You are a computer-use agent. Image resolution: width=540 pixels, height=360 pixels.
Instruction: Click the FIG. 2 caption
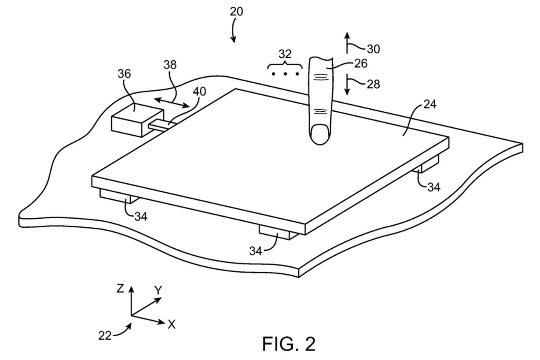289,344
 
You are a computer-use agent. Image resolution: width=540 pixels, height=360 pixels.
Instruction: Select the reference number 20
236,12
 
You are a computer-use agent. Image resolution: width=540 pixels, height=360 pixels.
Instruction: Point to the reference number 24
429,104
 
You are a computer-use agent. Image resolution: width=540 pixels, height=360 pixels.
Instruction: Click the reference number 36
124,74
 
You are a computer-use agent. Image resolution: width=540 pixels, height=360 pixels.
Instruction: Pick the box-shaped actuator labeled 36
135,120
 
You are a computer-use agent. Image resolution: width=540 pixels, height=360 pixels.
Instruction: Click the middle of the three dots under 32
286,74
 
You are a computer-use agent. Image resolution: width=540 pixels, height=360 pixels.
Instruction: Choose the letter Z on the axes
120,289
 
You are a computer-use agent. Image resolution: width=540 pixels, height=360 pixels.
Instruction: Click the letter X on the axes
171,325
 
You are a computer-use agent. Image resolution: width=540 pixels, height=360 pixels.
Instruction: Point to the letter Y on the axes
158,290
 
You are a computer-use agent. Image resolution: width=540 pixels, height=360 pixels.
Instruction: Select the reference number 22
105,335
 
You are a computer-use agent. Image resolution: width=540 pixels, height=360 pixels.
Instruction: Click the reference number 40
199,91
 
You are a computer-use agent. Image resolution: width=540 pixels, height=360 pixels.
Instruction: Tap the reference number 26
360,63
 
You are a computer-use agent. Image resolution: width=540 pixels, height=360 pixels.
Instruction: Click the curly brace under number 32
286,64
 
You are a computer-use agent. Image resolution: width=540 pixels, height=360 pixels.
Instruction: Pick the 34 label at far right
433,187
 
